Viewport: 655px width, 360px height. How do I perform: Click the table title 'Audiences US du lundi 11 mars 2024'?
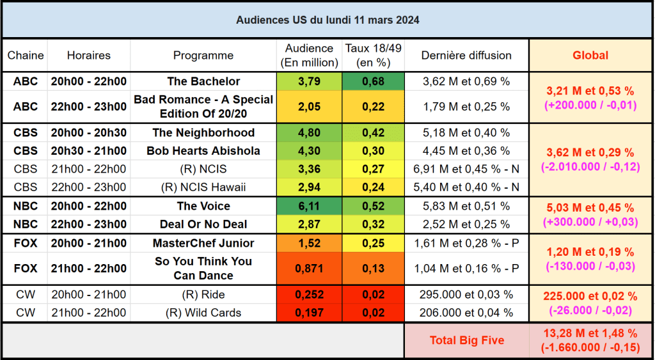[327, 20]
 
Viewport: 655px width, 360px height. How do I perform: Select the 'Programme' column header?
[203, 56]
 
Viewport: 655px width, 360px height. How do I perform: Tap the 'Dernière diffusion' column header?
[466, 56]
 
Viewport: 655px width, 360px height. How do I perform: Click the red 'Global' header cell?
[590, 56]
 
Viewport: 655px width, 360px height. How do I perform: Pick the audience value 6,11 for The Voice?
[310, 206]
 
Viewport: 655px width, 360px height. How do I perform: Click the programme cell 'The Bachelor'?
[203, 81]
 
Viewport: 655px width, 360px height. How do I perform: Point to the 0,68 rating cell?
[373, 81]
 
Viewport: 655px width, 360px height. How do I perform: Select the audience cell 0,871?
[310, 269]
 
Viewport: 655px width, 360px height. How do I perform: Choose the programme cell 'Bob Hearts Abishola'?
[203, 151]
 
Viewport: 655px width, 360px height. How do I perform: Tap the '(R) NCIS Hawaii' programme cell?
[203, 187]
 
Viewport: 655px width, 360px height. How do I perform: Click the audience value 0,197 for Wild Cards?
[310, 313]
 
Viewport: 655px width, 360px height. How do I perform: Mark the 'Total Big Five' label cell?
[466, 340]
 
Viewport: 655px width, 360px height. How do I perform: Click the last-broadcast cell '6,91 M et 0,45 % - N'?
[466, 169]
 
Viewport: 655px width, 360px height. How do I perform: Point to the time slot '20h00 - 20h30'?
[88, 133]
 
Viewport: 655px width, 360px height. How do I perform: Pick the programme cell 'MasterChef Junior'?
[203, 243]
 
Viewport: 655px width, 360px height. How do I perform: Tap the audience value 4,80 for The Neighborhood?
[310, 133]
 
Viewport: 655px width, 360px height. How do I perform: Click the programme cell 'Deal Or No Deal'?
[203, 224]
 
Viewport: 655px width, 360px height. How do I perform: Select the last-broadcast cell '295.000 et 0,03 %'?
[466, 295]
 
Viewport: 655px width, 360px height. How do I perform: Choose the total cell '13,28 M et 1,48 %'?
[590, 334]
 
